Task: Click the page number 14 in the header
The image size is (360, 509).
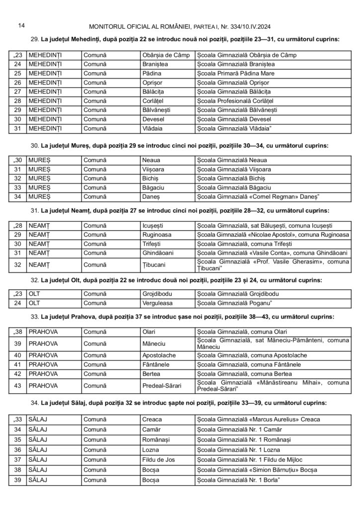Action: point(21,25)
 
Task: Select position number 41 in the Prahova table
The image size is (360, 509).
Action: point(18,364)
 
